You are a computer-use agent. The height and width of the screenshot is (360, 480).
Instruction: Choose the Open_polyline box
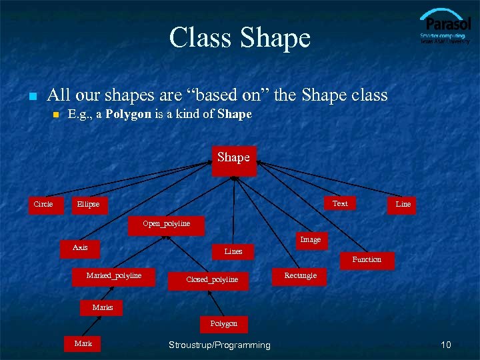166,224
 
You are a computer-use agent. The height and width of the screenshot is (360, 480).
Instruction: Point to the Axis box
80,249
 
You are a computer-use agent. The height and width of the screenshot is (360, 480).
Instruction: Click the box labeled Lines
233,252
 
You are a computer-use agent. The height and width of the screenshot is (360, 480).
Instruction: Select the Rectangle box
301,277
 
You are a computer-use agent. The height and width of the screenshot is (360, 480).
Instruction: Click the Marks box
103,308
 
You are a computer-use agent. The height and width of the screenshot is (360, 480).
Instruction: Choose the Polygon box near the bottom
224,324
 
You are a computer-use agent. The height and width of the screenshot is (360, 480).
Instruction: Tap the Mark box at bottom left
84,345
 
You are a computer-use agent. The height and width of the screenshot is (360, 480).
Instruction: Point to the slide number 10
446,345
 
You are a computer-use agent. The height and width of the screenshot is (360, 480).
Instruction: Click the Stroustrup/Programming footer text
219,345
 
